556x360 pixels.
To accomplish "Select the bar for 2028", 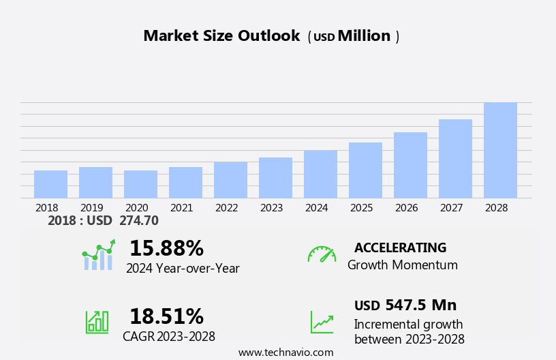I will pos(500,150).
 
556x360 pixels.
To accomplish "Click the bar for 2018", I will pos(50,184).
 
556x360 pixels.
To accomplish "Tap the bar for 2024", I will pos(320,174).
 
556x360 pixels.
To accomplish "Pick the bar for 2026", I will pos(410,165).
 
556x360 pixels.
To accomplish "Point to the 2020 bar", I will pos(140,184).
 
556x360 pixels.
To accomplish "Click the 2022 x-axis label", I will pos(226,207).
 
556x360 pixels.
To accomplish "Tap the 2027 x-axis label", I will pos(451,207).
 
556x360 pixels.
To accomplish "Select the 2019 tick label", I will pos(91,207).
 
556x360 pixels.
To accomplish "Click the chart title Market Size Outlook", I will pos(221,36).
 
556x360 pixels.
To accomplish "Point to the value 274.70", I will pos(138,220).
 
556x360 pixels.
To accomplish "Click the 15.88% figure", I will pos(166,248).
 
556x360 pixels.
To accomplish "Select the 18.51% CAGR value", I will pos(166,316).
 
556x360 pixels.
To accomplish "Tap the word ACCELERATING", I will pos(400,247).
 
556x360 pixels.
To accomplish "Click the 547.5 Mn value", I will pos(420,305).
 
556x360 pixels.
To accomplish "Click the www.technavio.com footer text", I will pos(285,352).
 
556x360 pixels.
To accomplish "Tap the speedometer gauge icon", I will pos(322,254).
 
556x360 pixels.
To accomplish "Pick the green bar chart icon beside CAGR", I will pos(97,321).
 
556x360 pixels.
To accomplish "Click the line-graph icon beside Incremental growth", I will pos(322,322).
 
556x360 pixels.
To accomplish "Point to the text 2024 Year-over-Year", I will pos(183,269).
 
